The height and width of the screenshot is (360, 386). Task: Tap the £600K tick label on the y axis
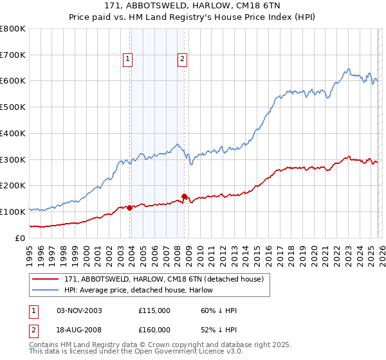[13, 81]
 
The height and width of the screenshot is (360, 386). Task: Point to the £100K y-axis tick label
[13, 212]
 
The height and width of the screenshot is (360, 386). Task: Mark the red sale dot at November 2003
[130, 208]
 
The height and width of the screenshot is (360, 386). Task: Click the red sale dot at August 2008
[184, 195]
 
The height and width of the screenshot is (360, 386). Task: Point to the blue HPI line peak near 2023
[348, 69]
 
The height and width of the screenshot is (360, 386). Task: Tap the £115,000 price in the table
[154, 310]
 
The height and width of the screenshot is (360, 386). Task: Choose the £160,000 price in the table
[154, 329]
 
